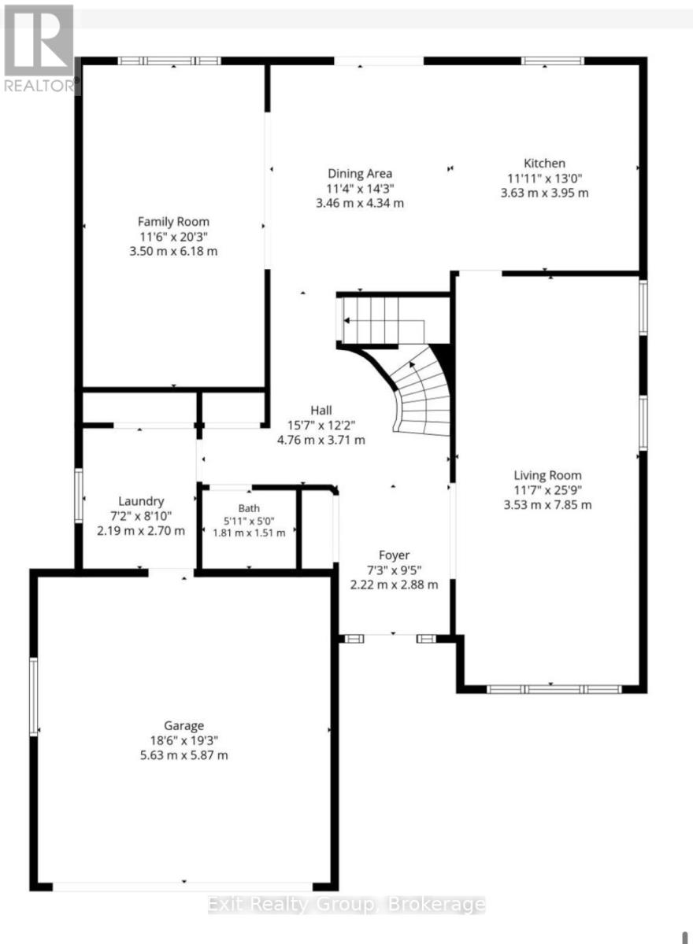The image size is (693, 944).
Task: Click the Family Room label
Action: tap(173, 222)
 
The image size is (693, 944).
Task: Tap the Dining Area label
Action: tap(360, 173)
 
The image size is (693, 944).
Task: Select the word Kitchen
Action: tap(544, 163)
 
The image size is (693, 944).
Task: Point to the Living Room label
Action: tap(547, 475)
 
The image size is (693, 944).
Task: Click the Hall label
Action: tap(321, 410)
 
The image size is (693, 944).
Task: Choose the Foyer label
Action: tap(394, 555)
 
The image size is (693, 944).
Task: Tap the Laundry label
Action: tap(141, 501)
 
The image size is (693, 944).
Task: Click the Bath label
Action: tap(249, 508)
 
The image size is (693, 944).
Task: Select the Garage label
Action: tap(184, 725)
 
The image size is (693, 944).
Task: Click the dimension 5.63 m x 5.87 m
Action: tap(184, 754)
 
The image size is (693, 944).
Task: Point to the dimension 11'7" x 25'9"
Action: tap(547, 490)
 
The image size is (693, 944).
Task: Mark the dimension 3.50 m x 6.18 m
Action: tap(173, 251)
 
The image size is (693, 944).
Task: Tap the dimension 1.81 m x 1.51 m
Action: tap(249, 533)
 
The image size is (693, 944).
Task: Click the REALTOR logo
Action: tap(39, 48)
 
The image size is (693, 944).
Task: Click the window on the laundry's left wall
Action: tap(79, 496)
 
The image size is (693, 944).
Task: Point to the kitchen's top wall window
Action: tap(553, 61)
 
